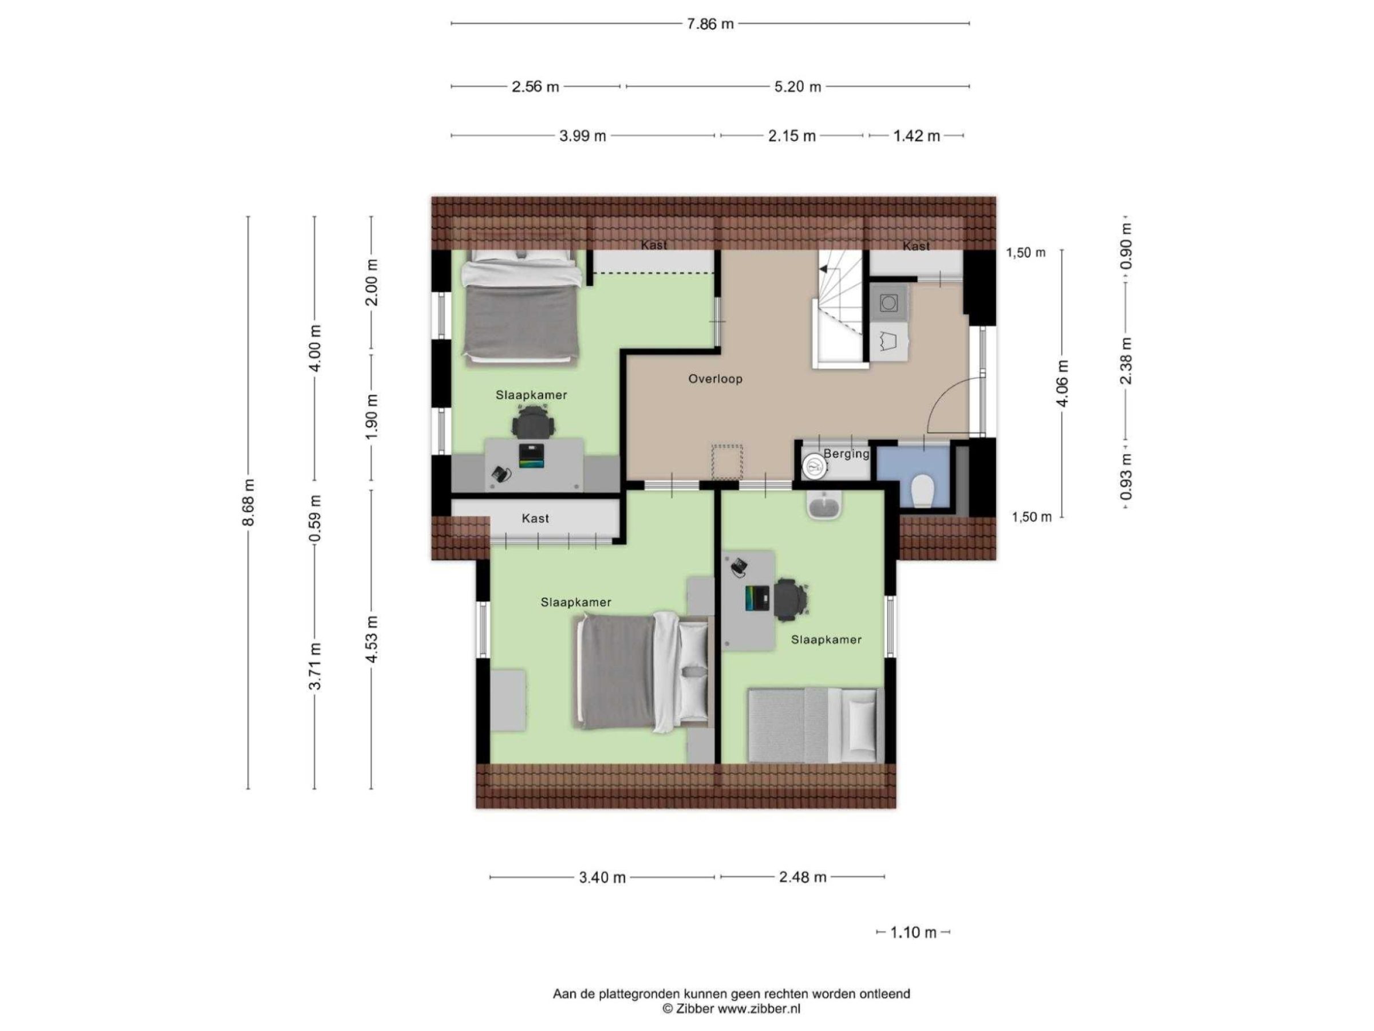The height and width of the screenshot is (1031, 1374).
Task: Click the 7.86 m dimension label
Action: [x=710, y=24]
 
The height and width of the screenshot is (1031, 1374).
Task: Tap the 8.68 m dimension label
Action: [x=248, y=502]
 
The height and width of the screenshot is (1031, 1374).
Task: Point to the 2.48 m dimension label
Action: [x=803, y=877]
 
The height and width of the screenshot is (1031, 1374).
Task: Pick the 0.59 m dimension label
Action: [x=315, y=518]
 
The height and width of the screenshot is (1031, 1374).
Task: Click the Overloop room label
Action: [x=715, y=379]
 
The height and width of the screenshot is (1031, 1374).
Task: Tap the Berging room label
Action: [x=847, y=454]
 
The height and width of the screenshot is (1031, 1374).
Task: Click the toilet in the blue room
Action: [x=922, y=491]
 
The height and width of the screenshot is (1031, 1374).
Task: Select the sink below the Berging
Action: [x=824, y=504]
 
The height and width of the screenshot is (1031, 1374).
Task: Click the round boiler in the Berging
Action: [x=814, y=466]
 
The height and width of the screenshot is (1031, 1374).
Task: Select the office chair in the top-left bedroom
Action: [x=533, y=422]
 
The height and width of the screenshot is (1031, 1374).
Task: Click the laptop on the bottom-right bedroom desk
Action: [x=757, y=598]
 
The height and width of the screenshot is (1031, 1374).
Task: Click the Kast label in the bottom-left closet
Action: [x=535, y=518]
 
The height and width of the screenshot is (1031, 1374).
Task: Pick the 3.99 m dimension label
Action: [x=583, y=136]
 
